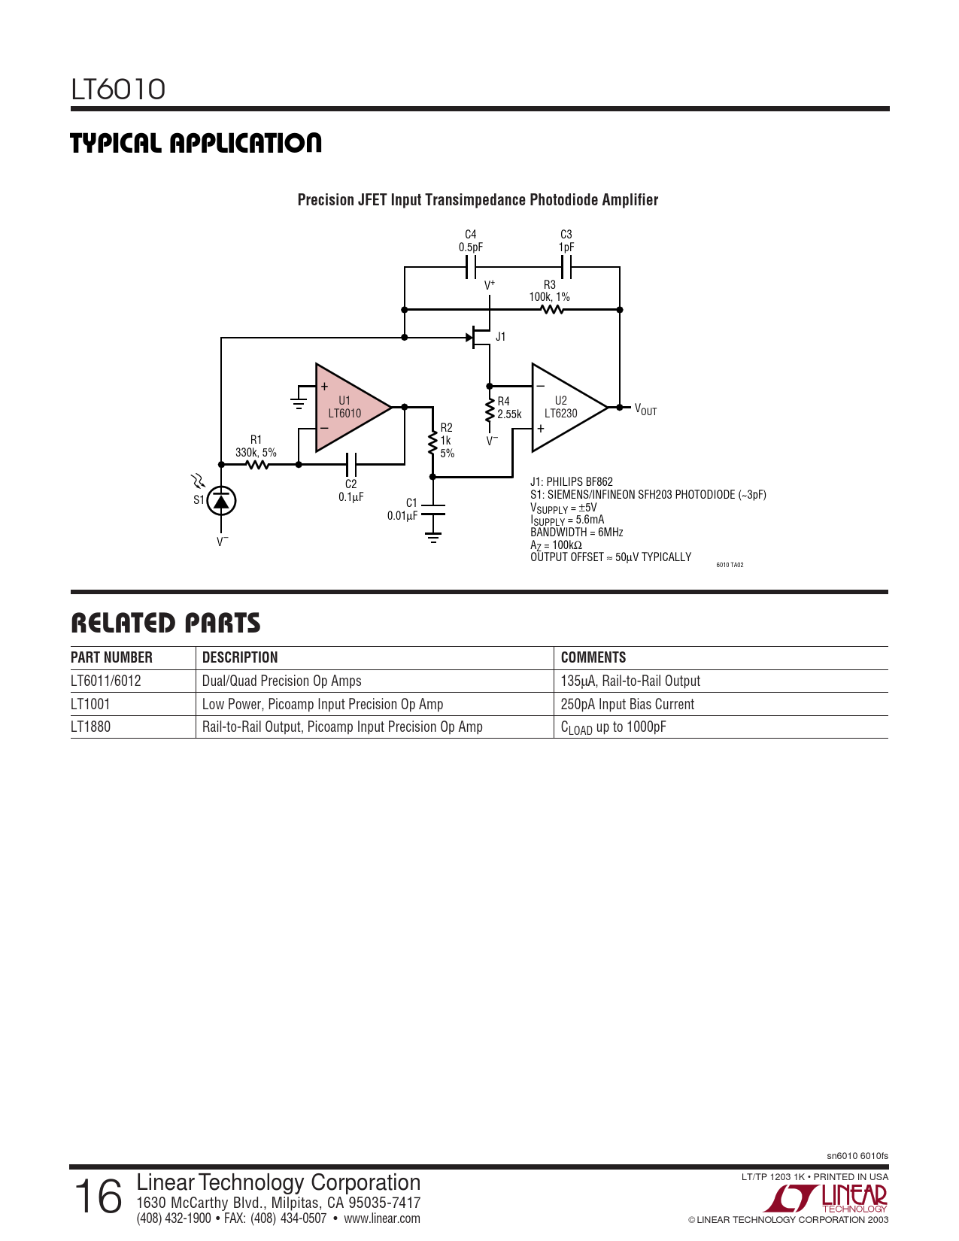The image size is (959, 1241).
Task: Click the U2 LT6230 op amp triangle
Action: (x=564, y=408)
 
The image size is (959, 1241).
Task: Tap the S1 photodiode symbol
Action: (x=221, y=501)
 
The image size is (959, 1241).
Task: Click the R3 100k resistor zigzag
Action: (x=553, y=309)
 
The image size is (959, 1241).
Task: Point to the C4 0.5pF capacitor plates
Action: (x=471, y=267)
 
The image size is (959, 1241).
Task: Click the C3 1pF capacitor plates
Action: (x=566, y=267)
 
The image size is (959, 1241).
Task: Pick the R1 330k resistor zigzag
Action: (x=257, y=465)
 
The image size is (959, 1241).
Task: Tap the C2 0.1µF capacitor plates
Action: (x=351, y=464)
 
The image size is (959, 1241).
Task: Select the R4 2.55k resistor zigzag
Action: (x=490, y=411)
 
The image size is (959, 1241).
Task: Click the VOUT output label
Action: (x=645, y=409)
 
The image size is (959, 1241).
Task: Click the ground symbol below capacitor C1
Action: (x=433, y=537)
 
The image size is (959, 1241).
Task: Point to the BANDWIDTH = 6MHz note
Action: (x=577, y=533)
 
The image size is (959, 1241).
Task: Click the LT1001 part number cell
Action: (x=90, y=704)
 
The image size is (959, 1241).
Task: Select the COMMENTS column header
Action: (x=593, y=657)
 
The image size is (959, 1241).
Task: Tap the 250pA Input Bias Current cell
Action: (x=627, y=704)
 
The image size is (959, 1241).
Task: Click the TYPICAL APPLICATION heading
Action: (x=196, y=143)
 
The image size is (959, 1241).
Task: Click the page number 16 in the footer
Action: (x=99, y=1197)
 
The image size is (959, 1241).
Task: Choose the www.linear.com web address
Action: (x=382, y=1218)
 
